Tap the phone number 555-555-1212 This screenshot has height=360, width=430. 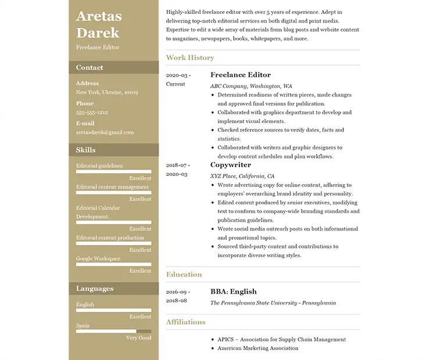92,113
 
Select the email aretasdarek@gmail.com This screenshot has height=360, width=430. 105,132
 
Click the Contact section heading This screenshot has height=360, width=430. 89,67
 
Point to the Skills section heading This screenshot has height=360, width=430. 86,150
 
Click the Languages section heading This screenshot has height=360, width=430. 95,289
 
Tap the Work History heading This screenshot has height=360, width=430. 190,57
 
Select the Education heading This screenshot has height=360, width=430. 184,274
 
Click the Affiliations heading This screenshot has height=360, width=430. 186,322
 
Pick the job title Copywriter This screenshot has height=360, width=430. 231,165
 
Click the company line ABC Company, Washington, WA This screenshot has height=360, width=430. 251,86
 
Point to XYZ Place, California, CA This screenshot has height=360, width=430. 242,176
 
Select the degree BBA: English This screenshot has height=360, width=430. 234,291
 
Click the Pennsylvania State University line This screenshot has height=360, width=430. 273,303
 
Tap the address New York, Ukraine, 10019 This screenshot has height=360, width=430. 107,92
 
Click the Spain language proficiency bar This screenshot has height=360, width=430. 113,331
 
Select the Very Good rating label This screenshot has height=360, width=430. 139,338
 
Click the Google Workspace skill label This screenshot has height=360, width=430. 98,258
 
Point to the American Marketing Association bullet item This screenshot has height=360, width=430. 258,348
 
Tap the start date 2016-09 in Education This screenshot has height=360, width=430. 177,292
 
